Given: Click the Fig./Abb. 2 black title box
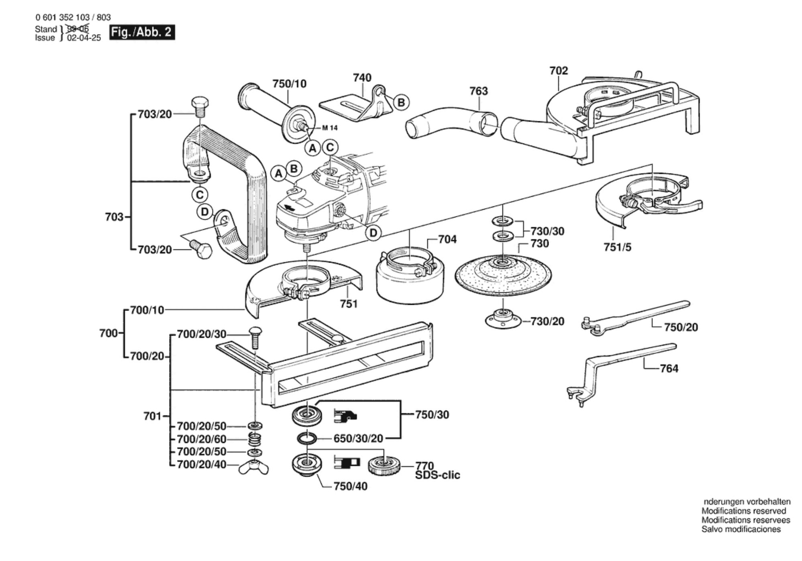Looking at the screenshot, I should point(142,32).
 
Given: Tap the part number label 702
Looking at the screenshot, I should point(559,71).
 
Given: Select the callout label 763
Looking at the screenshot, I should point(478,91).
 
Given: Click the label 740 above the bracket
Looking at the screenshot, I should point(362,78).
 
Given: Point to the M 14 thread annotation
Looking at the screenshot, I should point(330,128).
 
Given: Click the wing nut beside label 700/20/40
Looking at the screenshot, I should point(253,467).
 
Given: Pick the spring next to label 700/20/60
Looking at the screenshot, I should point(255,439).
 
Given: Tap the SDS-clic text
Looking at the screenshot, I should point(437,475).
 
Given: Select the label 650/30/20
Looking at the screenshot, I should point(358,439).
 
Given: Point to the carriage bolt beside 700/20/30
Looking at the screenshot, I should point(255,337).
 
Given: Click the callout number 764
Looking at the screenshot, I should point(669,368).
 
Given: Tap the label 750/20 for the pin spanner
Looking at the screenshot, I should point(681,327).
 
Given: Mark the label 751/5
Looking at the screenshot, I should point(617,247).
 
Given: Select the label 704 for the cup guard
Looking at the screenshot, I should point(447,239).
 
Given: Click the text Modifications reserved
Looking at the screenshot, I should point(743,511).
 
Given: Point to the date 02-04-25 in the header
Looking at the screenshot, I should point(84,38).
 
